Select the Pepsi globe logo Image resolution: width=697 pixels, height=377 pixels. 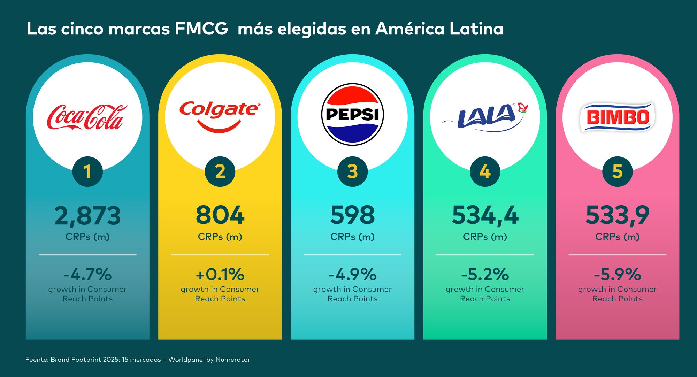(x=352, y=114)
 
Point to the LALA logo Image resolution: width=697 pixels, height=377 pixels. (x=484, y=117)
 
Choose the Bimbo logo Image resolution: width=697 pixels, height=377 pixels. (x=617, y=117)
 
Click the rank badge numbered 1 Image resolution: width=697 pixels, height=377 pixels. (x=87, y=171)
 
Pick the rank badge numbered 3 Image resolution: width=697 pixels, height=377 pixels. (x=352, y=171)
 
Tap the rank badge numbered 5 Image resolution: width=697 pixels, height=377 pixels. (x=617, y=171)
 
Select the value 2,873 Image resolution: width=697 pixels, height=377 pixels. (x=87, y=216)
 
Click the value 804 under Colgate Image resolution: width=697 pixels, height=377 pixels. (x=220, y=215)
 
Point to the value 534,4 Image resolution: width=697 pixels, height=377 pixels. (x=485, y=216)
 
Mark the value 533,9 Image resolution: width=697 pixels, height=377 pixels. (x=617, y=216)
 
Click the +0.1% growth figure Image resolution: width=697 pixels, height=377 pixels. (x=220, y=275)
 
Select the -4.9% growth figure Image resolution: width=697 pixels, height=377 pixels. (x=352, y=275)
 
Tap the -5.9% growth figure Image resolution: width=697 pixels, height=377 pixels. (x=617, y=275)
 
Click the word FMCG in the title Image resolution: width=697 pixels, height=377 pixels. (x=201, y=29)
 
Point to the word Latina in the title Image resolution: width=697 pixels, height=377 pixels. (x=476, y=29)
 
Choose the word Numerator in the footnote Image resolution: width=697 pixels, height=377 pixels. (x=233, y=360)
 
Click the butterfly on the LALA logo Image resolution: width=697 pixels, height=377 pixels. (x=523, y=108)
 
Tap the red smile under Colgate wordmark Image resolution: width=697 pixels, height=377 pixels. (x=219, y=127)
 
